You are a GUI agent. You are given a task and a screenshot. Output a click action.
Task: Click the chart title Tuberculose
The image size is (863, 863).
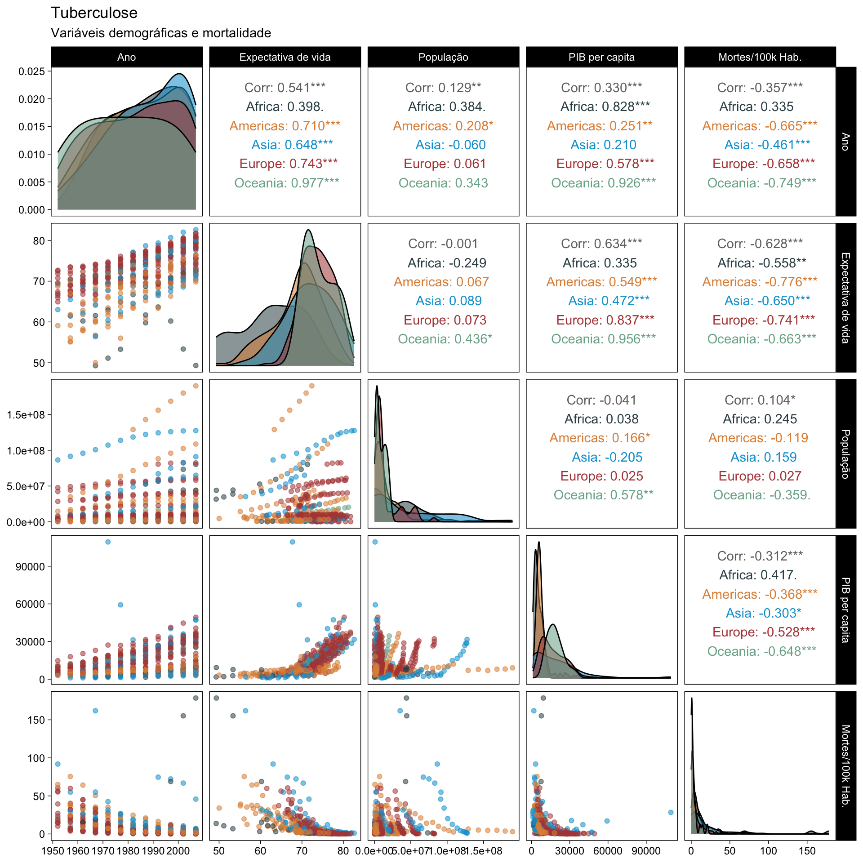[94, 13]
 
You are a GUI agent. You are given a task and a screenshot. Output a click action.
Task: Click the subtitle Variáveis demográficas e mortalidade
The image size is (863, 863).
[161, 33]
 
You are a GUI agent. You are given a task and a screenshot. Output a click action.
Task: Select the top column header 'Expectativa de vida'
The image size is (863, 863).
[285, 57]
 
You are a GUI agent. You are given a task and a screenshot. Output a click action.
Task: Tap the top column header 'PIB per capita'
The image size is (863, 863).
[601, 57]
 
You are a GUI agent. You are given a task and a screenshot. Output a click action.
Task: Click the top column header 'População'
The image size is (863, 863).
[443, 57]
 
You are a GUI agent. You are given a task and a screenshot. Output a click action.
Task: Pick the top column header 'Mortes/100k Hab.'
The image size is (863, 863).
[760, 57]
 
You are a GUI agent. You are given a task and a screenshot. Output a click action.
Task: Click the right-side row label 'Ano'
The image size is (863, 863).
[845, 142]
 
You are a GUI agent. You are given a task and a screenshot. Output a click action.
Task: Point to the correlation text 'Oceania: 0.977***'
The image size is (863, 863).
[287, 183]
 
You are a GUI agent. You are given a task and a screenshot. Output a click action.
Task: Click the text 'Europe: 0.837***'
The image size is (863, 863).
[605, 320]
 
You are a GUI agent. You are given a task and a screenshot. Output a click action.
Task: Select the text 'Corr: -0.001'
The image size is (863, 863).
[443, 244]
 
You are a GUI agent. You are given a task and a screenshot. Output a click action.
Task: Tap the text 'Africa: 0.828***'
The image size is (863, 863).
[605, 107]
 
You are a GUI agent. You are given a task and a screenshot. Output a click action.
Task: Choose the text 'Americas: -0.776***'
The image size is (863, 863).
[760, 282]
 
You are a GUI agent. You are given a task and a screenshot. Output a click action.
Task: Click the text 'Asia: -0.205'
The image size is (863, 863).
[607, 457]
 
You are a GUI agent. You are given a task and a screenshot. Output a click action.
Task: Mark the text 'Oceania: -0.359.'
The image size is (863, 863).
[762, 495]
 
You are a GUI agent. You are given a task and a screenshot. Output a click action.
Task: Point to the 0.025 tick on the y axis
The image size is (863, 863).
[32, 71]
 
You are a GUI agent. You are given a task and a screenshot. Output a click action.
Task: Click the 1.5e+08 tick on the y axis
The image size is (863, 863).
[26, 415]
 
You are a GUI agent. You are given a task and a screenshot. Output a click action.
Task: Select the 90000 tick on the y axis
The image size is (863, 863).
[31, 567]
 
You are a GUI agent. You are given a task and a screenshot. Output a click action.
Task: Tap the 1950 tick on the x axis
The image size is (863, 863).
[53, 851]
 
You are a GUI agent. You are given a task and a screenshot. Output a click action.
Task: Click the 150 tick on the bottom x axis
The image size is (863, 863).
[807, 851]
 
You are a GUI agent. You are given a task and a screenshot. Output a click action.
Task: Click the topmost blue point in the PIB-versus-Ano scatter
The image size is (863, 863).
[108, 542]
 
